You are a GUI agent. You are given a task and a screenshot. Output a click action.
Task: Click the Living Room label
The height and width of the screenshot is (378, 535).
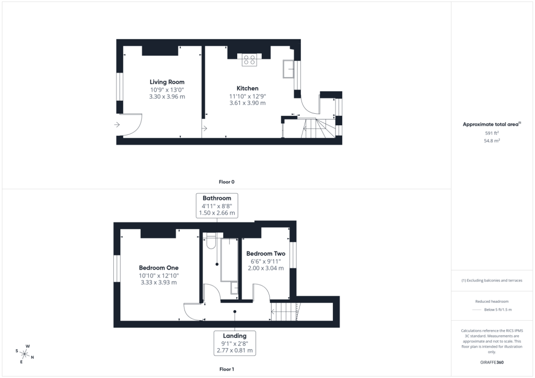click(x=167, y=82)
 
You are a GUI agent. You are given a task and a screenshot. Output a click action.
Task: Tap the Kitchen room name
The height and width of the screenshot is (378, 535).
click(x=247, y=88)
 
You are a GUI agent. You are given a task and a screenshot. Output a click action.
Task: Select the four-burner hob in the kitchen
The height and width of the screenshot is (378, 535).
click(x=249, y=60)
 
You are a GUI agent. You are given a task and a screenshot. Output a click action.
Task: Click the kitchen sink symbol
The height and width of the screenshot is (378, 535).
click(x=288, y=69)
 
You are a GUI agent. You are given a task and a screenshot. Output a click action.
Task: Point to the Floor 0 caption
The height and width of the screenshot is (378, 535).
click(x=227, y=182)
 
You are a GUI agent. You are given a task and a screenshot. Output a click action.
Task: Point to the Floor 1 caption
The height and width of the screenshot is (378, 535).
click(x=227, y=369)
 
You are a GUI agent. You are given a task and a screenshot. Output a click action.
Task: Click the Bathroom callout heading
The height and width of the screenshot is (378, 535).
click(x=217, y=198)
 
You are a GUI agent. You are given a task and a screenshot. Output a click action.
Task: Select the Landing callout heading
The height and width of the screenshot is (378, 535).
click(x=235, y=336)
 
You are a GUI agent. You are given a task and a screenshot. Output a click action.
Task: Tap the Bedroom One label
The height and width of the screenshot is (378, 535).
click(x=159, y=268)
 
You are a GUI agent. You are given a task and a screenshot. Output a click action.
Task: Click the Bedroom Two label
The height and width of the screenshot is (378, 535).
click(x=266, y=254)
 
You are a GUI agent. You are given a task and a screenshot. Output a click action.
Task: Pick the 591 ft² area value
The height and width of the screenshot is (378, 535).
click(x=492, y=133)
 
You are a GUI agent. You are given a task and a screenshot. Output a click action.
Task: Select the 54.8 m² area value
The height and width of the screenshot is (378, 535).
click(x=492, y=140)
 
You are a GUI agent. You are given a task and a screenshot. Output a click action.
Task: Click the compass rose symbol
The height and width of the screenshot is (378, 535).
click(x=25, y=354)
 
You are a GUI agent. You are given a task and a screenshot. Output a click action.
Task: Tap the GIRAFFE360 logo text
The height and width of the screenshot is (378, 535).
click(x=492, y=362)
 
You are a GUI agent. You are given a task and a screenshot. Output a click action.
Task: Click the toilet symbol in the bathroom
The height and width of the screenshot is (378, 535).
click(x=211, y=241)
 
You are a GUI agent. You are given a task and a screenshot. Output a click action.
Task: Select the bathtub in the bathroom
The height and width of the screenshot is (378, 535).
click(x=229, y=260)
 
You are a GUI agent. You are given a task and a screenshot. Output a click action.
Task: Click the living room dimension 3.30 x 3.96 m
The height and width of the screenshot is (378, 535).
click(x=167, y=97)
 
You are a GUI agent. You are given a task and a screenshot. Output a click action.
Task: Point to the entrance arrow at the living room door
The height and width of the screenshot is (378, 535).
click(x=117, y=125)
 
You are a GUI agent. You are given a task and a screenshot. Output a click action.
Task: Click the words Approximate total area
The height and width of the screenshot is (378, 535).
click(x=490, y=124)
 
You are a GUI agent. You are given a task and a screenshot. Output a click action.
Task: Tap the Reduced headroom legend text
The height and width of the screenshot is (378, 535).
click(x=492, y=301)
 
